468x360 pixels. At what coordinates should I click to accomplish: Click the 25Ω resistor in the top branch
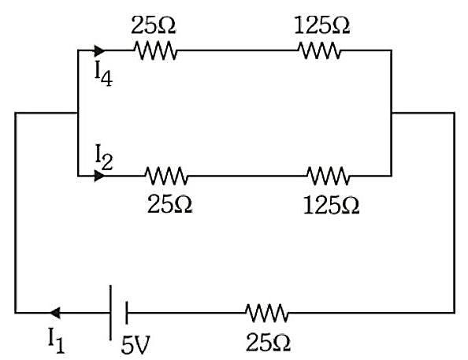[x=155, y=50]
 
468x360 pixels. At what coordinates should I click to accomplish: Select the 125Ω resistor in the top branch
[x=319, y=50]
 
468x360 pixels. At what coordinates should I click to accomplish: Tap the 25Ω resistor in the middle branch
[x=166, y=176]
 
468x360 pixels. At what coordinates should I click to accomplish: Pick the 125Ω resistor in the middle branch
[x=328, y=176]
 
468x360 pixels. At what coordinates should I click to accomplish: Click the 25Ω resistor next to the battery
[x=267, y=313]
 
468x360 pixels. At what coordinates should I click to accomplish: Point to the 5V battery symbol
[x=118, y=313]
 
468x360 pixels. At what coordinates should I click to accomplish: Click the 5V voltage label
[x=135, y=345]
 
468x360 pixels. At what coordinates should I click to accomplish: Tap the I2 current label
[x=103, y=158]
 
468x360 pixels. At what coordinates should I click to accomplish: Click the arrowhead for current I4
[x=100, y=50]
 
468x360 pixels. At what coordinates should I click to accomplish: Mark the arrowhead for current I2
[x=100, y=176]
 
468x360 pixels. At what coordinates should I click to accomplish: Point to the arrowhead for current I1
[x=55, y=313]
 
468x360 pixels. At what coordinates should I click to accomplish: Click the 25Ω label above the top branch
[x=154, y=24]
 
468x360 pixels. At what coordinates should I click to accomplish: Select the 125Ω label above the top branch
[x=321, y=24]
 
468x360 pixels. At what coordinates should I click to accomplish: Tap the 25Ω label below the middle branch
[x=170, y=205]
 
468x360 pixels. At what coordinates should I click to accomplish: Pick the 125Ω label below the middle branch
[x=331, y=205]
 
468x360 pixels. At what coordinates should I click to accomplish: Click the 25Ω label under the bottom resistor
[x=268, y=343]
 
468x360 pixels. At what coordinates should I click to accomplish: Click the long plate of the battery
[x=110, y=313]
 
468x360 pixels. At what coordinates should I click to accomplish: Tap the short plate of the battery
[x=127, y=313]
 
